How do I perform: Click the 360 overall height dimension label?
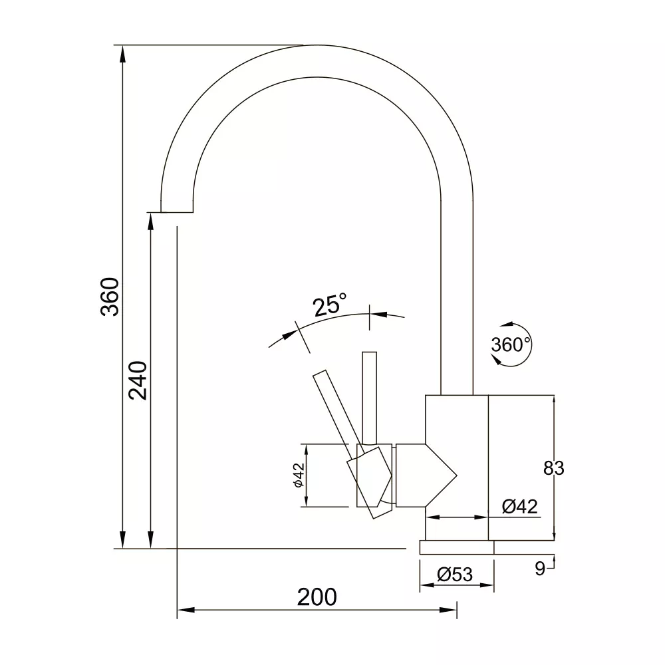tap(110, 297)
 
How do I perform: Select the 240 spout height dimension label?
tap(138, 380)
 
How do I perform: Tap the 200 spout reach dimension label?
tap(317, 597)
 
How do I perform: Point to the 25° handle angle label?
tap(330, 305)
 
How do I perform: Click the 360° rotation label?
tap(511, 344)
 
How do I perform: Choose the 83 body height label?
tap(553, 468)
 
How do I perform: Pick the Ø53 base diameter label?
tap(455, 575)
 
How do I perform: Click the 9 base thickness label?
tap(539, 569)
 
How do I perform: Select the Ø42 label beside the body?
tap(519, 506)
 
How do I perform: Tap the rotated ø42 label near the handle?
tap(299, 475)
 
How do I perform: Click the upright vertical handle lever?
tap(369, 398)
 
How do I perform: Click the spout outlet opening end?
tap(177, 212)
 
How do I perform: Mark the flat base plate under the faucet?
tap(457, 547)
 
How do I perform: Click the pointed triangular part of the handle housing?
tap(441, 475)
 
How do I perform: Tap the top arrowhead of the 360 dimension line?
tap(122, 55)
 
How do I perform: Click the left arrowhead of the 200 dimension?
tap(186, 610)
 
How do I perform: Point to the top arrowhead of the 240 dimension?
tap(150, 222)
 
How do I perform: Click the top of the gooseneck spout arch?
tap(317, 45)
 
